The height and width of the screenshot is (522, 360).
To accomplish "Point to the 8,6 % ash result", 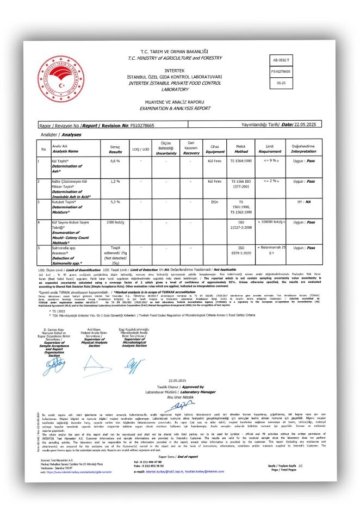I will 115,161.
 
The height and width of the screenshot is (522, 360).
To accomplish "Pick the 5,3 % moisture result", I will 115,202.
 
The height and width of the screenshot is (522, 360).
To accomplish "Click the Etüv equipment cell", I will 213,202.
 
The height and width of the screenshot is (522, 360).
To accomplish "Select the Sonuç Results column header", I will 115,148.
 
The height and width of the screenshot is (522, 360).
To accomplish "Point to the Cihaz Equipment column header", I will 213,148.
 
